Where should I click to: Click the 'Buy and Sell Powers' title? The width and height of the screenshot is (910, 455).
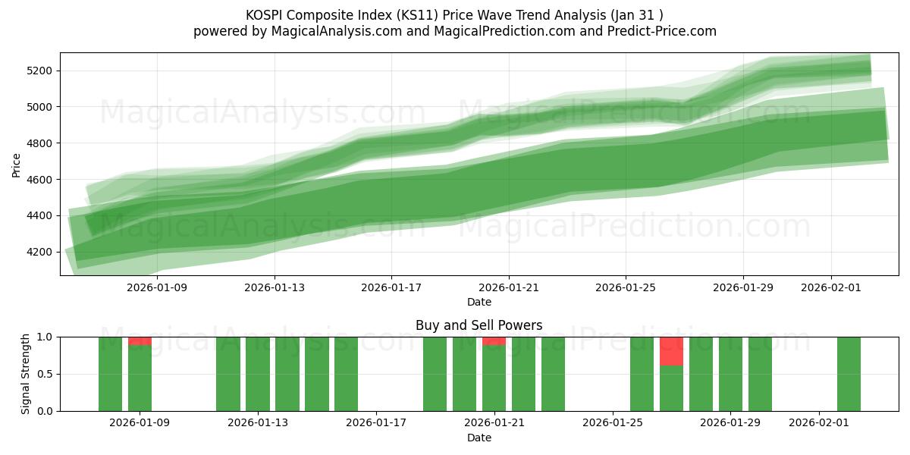(479, 325)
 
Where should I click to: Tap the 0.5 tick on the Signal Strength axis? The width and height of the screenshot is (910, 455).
(44, 374)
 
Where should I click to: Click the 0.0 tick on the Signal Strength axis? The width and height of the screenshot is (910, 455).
(44, 411)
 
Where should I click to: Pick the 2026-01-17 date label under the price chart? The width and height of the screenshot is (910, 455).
(391, 287)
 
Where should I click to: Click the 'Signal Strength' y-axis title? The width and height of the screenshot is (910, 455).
(26, 374)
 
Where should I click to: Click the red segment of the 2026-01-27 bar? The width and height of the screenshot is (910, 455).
(671, 351)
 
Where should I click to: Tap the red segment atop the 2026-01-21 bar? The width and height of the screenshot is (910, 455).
(494, 340)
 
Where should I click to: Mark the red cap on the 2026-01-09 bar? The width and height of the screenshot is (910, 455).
(140, 340)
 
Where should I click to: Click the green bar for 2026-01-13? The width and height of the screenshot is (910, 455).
(258, 374)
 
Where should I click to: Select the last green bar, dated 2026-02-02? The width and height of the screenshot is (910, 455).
(849, 374)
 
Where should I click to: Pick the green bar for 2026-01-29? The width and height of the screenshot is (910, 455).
(730, 374)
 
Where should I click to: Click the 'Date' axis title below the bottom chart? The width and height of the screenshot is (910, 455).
(479, 438)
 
